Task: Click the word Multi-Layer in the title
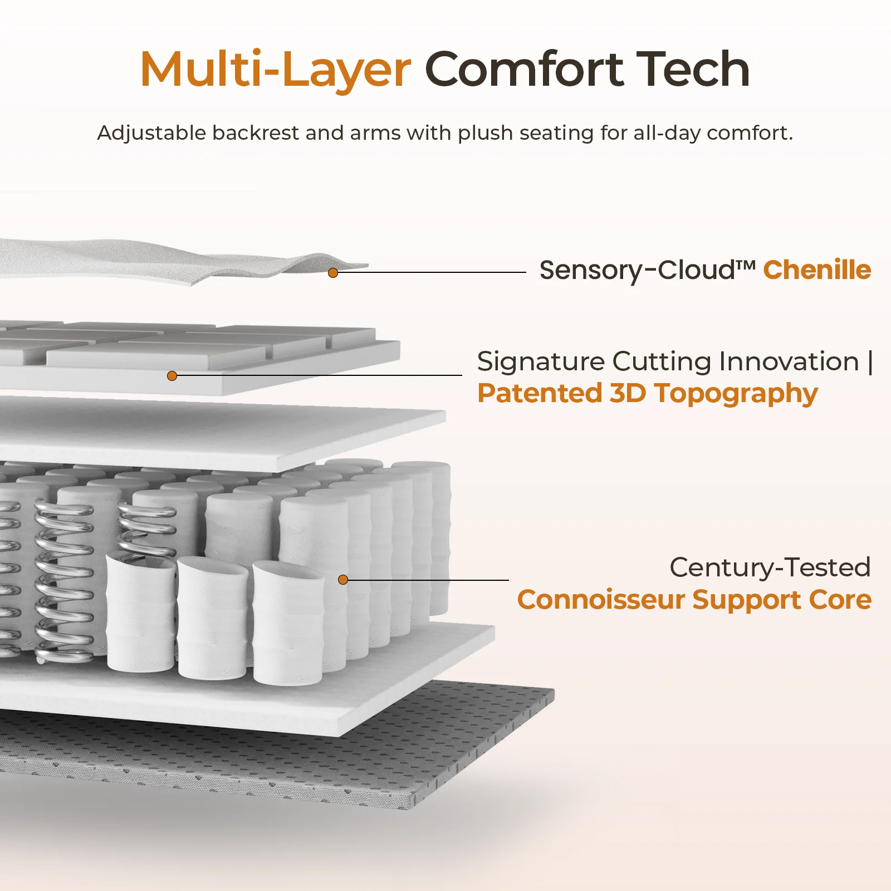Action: point(275,70)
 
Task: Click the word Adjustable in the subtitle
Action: point(151,133)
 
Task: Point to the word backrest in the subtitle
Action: point(256,133)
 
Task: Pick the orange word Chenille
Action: point(817,270)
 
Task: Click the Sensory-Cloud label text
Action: point(647,271)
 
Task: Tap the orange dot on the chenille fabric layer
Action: point(333,273)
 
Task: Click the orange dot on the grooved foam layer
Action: point(172,376)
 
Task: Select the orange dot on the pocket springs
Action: point(343,580)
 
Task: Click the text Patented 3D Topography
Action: point(648,394)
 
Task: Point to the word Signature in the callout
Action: point(541,362)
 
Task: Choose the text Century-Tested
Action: point(770,567)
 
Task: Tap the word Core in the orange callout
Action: point(840,600)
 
